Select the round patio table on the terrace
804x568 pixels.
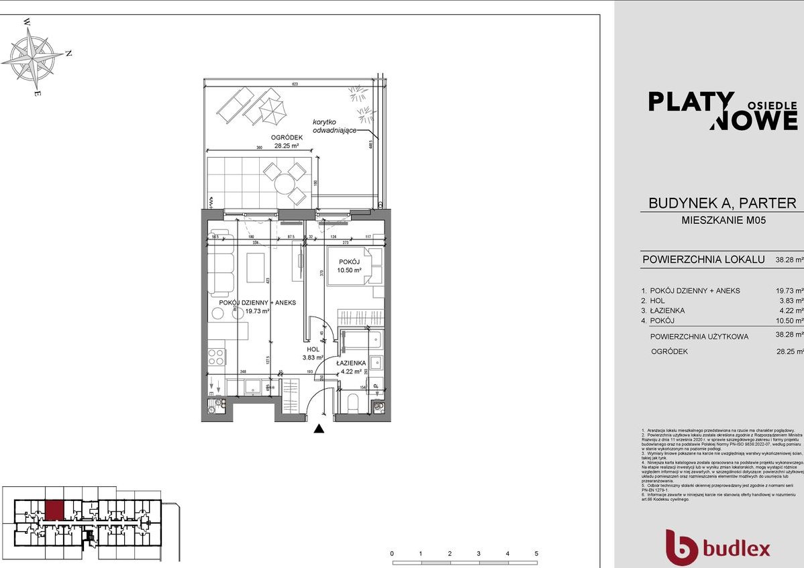(x=288, y=180)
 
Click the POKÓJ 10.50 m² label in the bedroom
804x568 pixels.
(x=349, y=266)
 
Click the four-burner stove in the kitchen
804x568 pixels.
(x=216, y=357)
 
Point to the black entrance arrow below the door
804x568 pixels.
(x=320, y=429)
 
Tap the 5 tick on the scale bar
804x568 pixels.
(x=536, y=555)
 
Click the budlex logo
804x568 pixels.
(x=717, y=547)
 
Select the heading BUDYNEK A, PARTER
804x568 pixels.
(x=722, y=203)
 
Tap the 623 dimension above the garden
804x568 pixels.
(x=295, y=84)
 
